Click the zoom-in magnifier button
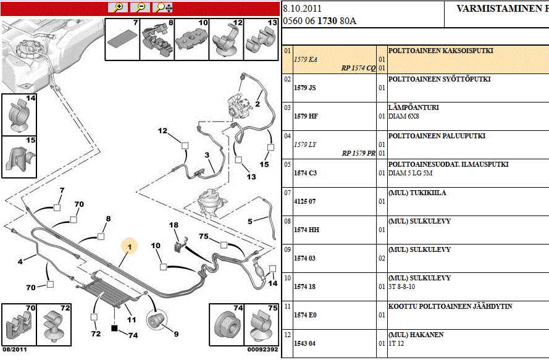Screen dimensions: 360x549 coord(118,7)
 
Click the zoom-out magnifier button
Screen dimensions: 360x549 coord(141,7)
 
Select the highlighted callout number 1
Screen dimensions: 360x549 coord(130,248)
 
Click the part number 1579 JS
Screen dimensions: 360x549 coord(305,88)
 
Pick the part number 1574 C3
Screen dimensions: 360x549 coord(305,174)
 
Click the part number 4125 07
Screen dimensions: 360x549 coord(304,202)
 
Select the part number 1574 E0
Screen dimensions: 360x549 coord(305,315)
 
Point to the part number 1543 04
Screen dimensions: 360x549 coord(304,343)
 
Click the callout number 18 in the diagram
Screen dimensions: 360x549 coord(174,225)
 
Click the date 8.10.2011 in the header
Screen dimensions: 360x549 coord(303,9)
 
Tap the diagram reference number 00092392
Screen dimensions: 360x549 coord(262,349)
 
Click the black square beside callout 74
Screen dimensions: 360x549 coord(114,328)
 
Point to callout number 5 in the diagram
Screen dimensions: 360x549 coord(250,220)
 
